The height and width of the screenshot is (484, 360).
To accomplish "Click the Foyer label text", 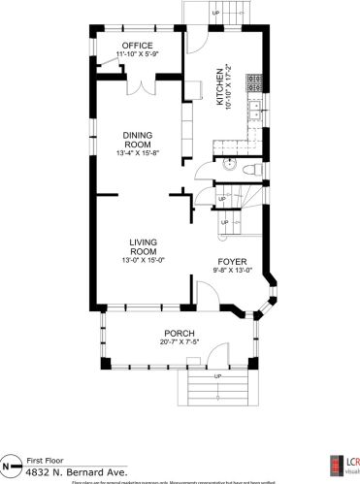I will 233,261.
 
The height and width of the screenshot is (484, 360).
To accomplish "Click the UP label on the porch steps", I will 217,376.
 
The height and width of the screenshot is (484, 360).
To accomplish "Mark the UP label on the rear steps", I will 214,13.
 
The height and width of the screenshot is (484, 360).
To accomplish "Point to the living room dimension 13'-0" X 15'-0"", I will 143,260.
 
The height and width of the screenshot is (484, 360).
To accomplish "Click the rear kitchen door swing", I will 197,41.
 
